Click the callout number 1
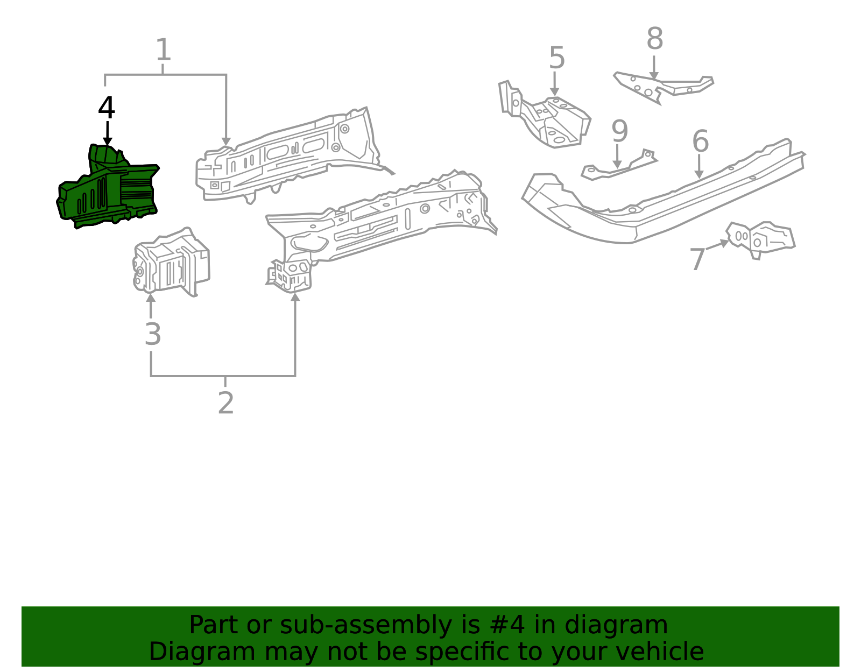tap(163, 50)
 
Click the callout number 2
tap(225, 402)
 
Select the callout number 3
tap(153, 334)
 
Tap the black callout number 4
tap(107, 108)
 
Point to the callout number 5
tap(556, 58)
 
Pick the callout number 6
tap(700, 142)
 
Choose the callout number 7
tap(697, 259)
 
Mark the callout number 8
tap(654, 39)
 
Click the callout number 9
tap(619, 131)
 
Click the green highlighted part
tap(108, 188)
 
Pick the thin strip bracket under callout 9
tap(619, 168)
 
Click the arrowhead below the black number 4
tap(108, 142)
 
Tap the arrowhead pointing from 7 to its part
tap(725, 243)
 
